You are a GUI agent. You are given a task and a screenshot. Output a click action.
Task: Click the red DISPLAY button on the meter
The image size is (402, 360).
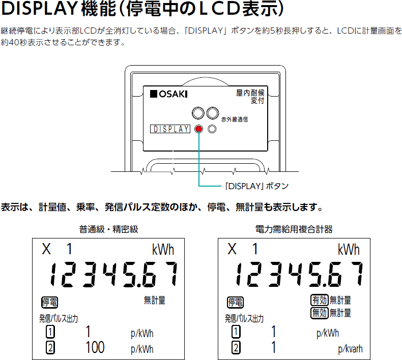tap(198, 129)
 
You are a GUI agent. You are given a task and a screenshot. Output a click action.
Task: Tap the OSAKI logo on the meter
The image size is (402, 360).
tap(169, 94)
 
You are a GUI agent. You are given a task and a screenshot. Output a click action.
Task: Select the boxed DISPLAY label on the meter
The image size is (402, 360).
tap(170, 129)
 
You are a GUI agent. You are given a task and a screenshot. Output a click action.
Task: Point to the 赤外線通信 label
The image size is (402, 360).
tap(235, 119)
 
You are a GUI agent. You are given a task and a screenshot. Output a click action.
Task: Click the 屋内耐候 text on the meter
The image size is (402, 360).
tap(250, 93)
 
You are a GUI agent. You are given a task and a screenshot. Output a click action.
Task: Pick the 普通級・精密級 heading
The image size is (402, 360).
tap(108, 229)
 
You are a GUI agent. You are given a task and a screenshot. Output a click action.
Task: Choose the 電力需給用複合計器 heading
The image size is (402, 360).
tap(294, 229)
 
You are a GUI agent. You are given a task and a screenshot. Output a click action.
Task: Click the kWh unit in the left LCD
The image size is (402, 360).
tap(163, 250)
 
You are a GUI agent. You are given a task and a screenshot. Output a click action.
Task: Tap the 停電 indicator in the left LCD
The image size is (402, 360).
tap(50, 302)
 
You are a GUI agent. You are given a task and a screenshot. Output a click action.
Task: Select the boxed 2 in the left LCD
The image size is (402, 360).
tap(50, 348)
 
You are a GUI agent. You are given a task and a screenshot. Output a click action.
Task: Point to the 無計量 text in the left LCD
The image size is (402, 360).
tap(155, 301)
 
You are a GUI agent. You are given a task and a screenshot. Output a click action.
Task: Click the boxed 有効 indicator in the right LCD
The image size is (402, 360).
tap(320, 301)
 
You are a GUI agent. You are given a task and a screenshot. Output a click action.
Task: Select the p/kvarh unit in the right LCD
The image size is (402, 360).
tap(350, 349)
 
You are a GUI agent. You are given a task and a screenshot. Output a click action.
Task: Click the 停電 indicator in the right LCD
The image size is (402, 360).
tap(236, 302)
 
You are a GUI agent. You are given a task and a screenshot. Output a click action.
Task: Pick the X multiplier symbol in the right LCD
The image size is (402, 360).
tap(233, 249)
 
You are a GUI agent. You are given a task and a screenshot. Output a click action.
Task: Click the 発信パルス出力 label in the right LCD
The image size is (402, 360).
tap(245, 319)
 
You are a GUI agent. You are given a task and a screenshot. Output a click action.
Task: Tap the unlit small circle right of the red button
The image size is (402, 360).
tap(212, 129)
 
